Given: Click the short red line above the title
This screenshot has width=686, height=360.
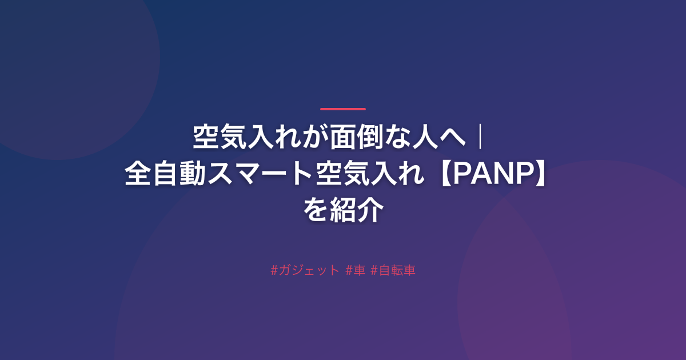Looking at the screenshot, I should pos(343,109).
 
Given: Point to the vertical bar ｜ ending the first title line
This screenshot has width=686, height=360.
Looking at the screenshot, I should pos(481,137).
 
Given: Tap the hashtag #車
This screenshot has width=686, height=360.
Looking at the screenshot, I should pos(355,270).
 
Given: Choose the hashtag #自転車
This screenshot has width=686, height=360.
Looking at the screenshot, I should pos(393,270).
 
